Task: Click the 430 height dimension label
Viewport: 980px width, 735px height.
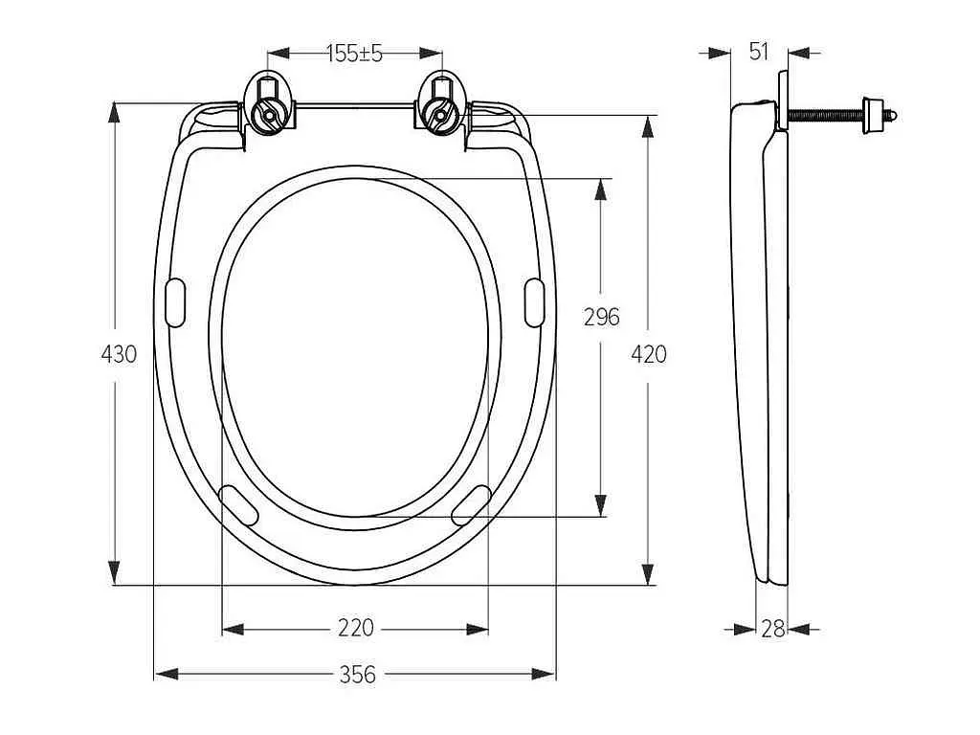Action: pyautogui.click(x=119, y=354)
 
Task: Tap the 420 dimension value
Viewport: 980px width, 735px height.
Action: pyautogui.click(x=649, y=354)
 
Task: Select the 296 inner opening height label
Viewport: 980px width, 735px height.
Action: pyautogui.click(x=602, y=317)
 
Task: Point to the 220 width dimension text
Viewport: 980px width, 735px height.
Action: pyautogui.click(x=356, y=627)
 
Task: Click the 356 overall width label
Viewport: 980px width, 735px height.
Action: pyautogui.click(x=358, y=675)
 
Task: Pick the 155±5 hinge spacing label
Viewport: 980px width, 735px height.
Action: pyautogui.click(x=354, y=54)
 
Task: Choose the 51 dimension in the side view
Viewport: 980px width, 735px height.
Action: pyautogui.click(x=759, y=52)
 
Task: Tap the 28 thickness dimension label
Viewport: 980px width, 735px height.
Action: pyautogui.click(x=773, y=629)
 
